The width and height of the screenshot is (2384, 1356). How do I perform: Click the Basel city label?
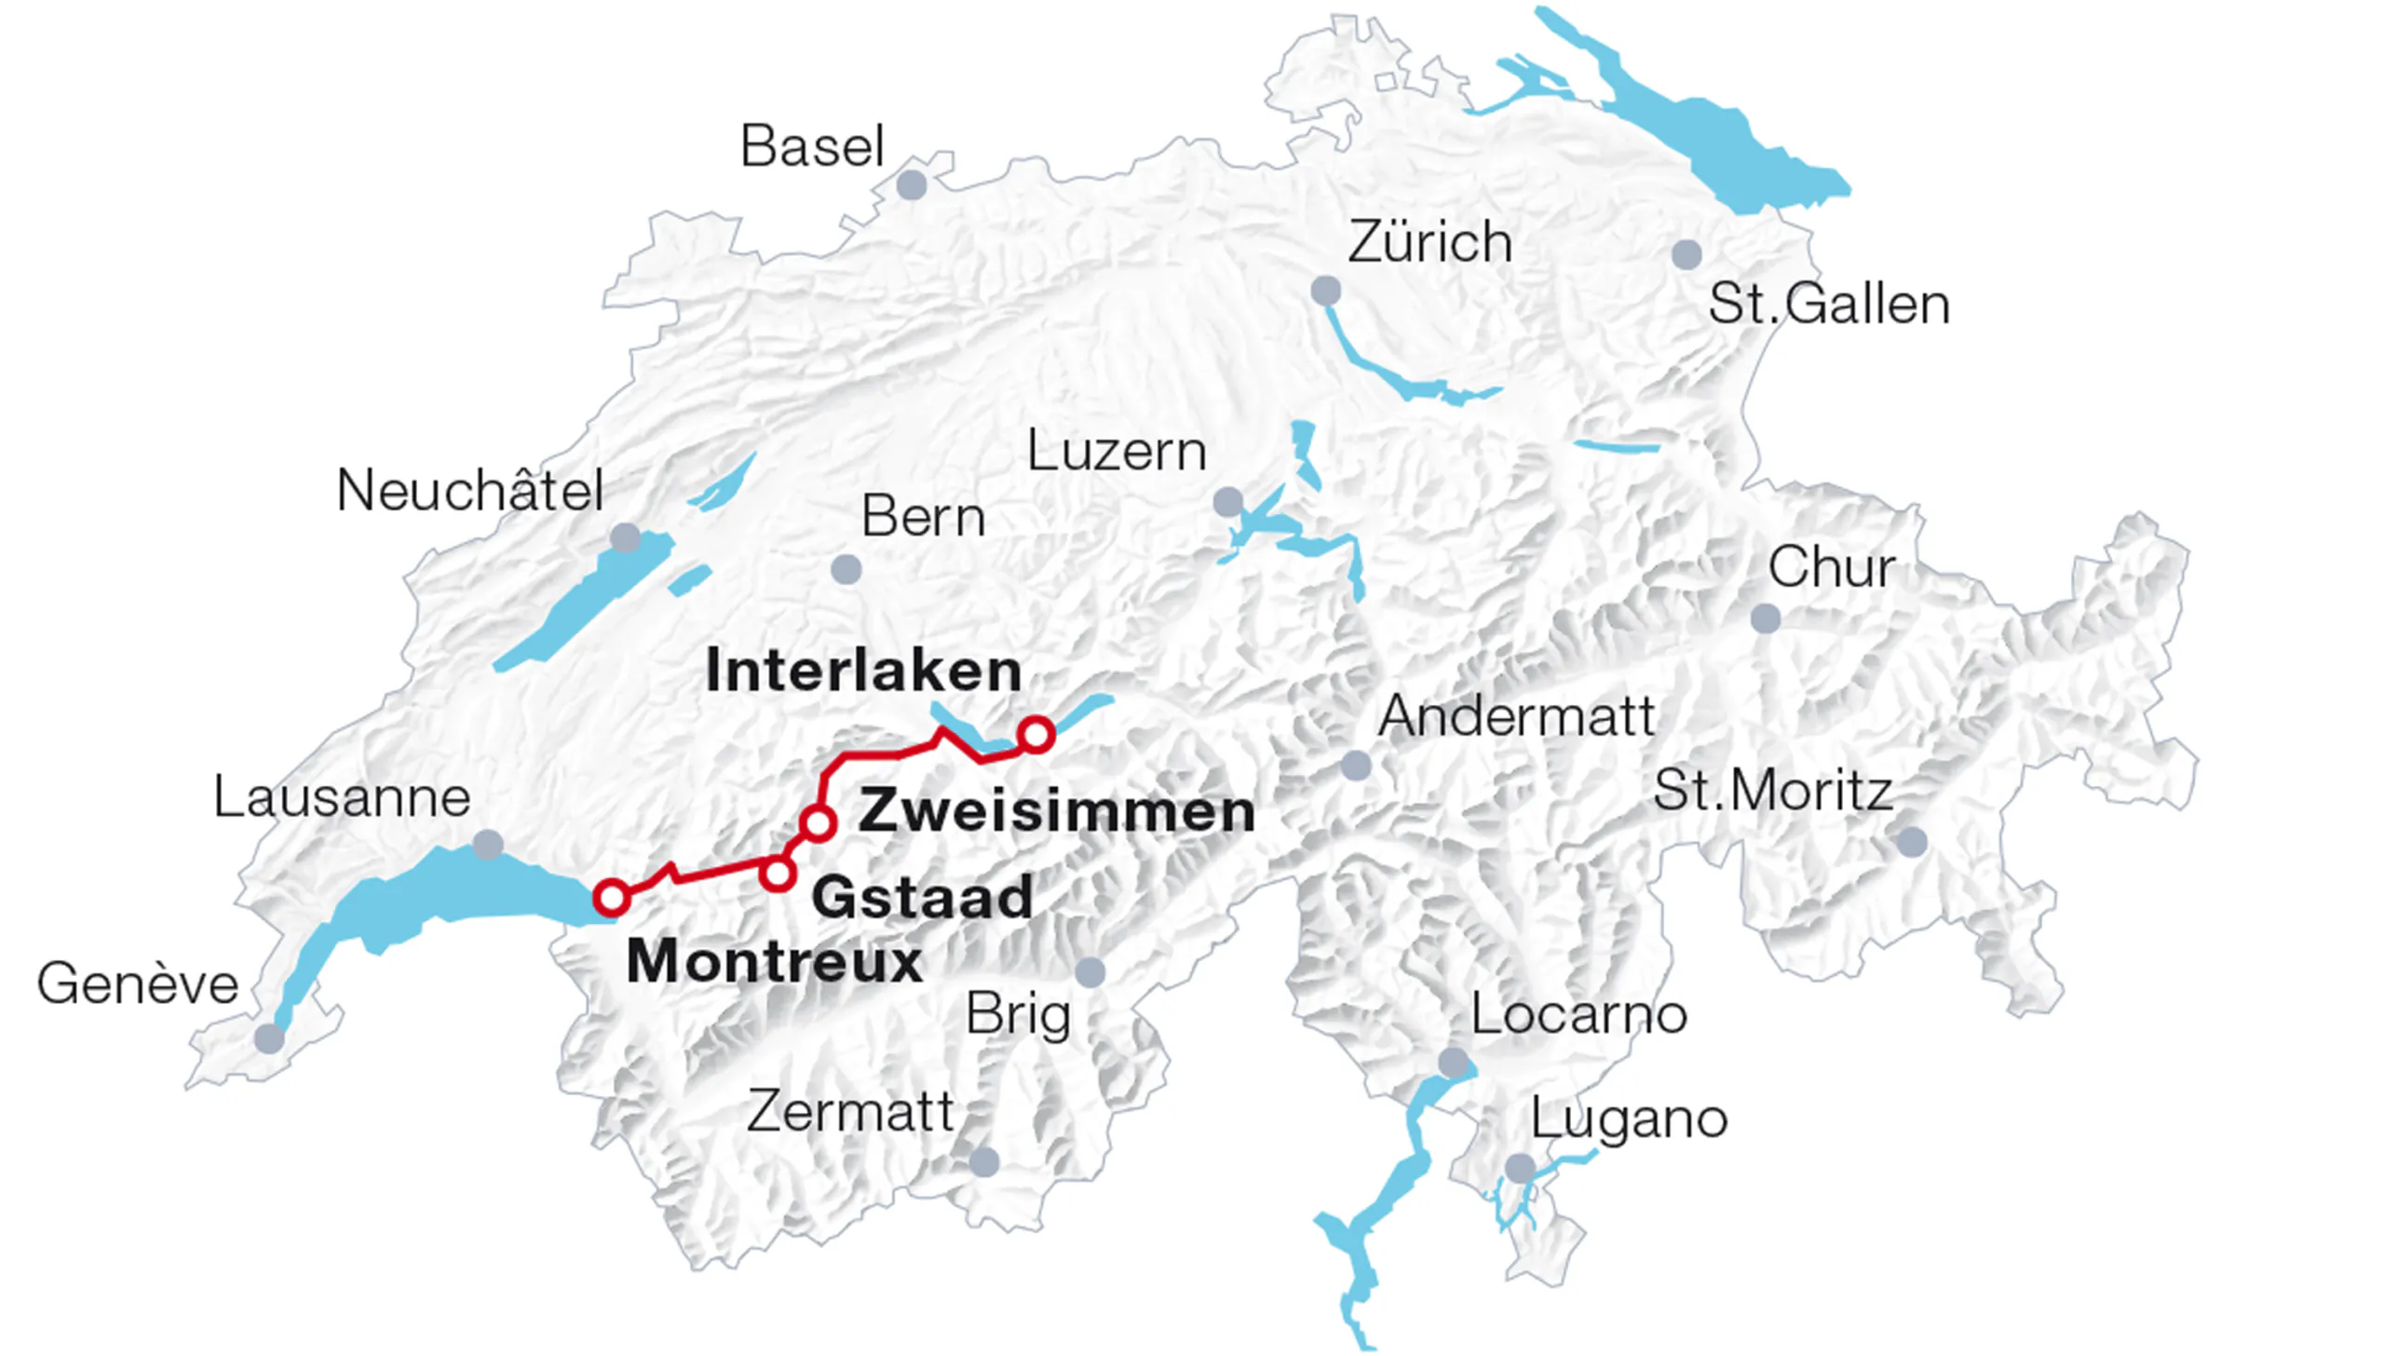coord(811,147)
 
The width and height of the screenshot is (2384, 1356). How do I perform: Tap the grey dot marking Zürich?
coord(1325,291)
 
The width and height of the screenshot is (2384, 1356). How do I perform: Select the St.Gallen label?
coord(1828,305)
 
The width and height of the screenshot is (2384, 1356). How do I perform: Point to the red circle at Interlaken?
coord(1036,735)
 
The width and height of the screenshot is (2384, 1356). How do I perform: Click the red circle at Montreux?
coord(611,898)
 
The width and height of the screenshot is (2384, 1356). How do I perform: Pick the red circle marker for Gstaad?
coord(777,874)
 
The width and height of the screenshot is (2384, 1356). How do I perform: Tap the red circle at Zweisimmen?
coord(818,823)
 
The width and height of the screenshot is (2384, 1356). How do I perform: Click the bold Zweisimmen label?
coord(1056,810)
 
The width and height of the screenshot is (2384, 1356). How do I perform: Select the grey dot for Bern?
coord(846,569)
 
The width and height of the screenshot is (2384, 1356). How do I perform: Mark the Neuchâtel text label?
coord(469,491)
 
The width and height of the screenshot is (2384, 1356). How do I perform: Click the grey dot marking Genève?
coord(269,1037)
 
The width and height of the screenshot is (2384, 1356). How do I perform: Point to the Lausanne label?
coord(342,798)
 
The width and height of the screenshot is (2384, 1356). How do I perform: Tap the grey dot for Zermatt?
coord(984,1161)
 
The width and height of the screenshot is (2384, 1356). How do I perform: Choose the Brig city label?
coord(1018,1014)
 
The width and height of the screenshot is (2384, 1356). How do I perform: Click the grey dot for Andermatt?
coord(1356,766)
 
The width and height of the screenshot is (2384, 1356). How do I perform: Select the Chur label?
coord(1831,567)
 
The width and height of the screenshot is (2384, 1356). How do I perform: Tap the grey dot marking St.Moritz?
coord(1912,842)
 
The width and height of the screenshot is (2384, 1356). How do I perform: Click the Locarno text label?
coord(1578,1014)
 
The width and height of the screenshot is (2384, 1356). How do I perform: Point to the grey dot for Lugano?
coord(1520,1168)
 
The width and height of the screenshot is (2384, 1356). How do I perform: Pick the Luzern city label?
coord(1117,452)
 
